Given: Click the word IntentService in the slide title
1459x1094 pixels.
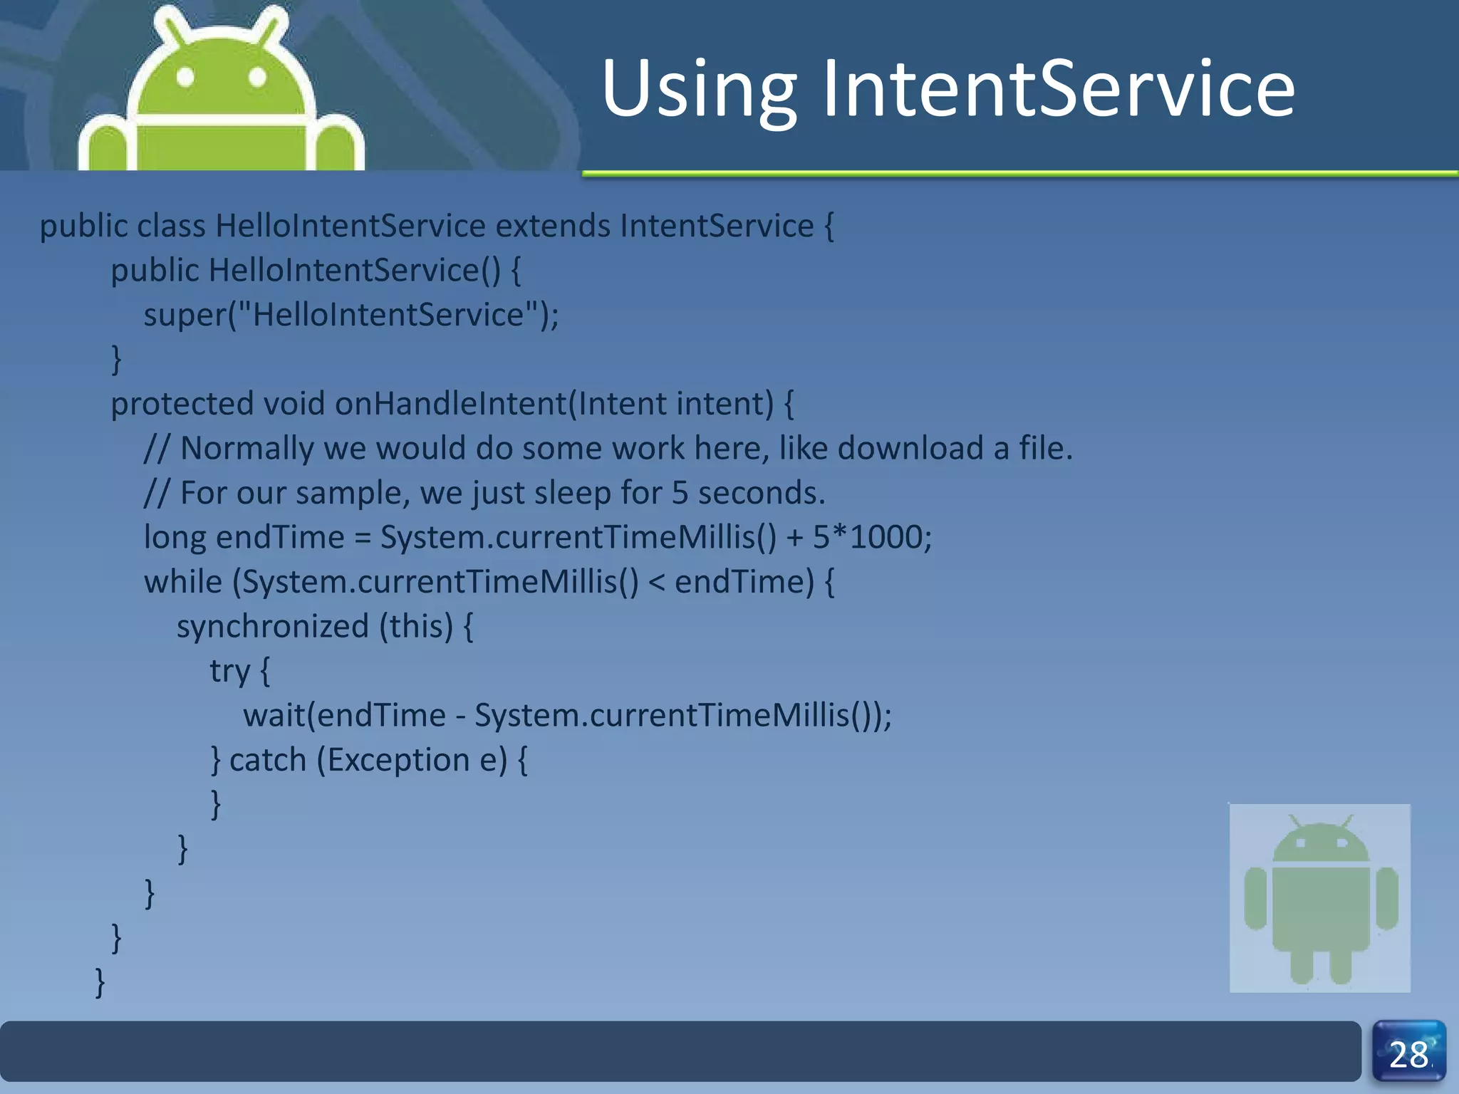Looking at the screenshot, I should pos(1059,89).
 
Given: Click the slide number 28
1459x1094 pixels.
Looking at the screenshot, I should pos(1408,1055).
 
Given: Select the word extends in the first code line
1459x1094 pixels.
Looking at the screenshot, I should pos(553,226).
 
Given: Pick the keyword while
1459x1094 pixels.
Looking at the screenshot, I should pos(183,582).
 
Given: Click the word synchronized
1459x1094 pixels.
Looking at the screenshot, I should pos(272,627).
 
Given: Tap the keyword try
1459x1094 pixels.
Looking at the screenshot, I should pos(229,672).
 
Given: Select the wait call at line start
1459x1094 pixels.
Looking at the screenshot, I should pos(274,715).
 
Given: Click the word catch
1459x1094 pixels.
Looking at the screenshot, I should pos(267,760).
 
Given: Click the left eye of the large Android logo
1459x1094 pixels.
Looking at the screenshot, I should pos(185,76).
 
